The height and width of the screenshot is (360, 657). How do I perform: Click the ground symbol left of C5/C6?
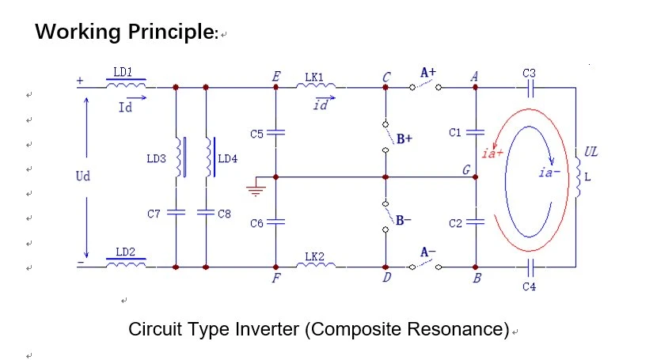pos(256,191)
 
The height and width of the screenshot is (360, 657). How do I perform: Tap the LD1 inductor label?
pos(123,72)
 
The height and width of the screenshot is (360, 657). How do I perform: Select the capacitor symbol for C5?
pos(275,133)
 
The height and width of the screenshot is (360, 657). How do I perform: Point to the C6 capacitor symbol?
pos(275,222)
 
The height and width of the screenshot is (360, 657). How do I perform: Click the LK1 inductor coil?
pos(316,85)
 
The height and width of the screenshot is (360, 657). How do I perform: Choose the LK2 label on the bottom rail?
pos(314,256)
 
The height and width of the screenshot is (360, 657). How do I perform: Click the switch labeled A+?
pos(425,85)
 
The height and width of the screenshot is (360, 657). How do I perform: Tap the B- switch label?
pos(403,220)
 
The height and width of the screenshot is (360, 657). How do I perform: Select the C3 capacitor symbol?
pos(530,88)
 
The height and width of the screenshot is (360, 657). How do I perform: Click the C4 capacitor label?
pos(530,286)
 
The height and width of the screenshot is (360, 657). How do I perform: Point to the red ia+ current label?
pos(492,153)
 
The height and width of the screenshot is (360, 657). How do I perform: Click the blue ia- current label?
pos(549,172)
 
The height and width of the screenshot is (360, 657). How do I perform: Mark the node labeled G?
pos(475,177)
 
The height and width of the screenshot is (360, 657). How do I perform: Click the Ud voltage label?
pos(83,176)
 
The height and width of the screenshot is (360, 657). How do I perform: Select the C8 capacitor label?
pos(224,214)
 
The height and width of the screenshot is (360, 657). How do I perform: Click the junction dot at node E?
pos(275,87)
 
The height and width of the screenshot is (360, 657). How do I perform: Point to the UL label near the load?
pos(591,152)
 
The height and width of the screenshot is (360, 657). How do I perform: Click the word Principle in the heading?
pos(171,32)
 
